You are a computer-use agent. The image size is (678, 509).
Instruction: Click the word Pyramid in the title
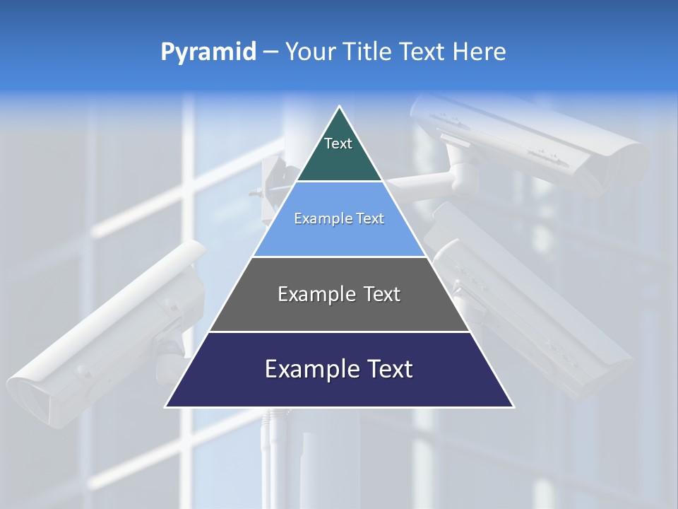(208, 52)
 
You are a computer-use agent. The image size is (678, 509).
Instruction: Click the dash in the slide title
(270, 52)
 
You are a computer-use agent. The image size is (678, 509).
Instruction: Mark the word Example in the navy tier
(309, 369)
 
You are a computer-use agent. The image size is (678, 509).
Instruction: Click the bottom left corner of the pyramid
(167, 406)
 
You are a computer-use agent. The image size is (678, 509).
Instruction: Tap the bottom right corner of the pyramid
(513, 406)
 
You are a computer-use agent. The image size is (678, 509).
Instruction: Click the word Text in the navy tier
(387, 369)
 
